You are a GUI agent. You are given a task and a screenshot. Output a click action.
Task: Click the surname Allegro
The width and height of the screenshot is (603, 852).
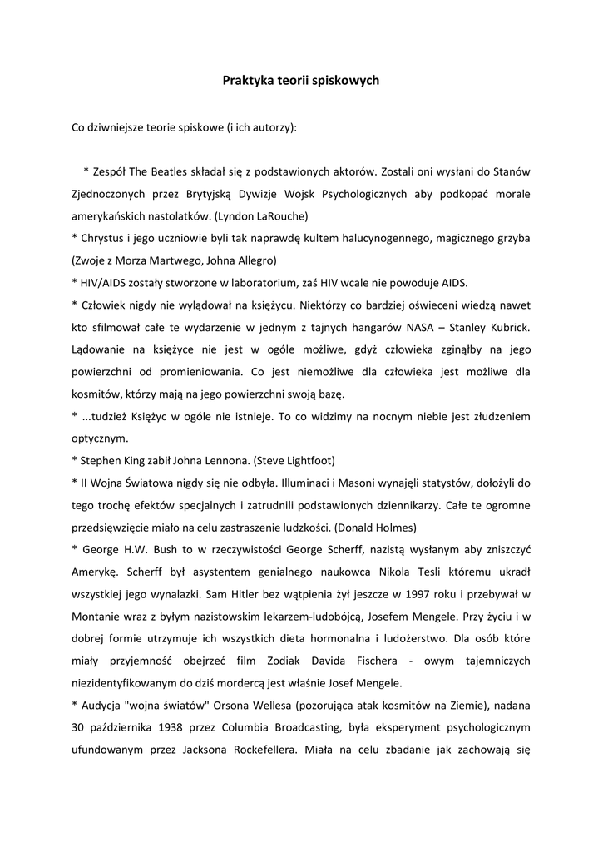[237, 260]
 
